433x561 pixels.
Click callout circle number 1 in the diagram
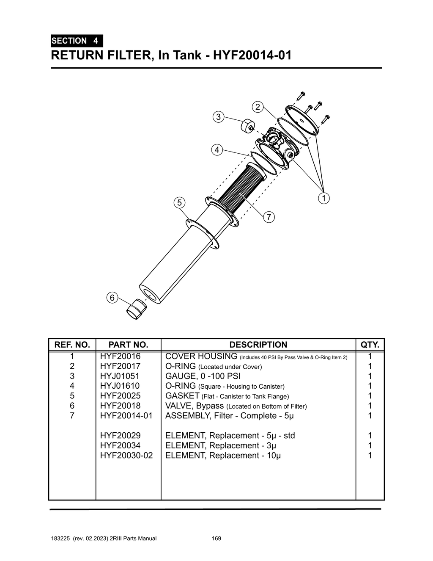pos(323,198)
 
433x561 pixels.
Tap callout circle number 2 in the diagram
pos(257,107)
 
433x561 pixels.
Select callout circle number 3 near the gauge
pos(218,117)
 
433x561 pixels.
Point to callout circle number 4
pos(216,150)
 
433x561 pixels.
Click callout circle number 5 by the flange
pos(179,202)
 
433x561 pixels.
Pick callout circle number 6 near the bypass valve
pos(112,298)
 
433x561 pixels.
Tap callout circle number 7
pos(269,217)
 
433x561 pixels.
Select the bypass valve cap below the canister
pos(136,309)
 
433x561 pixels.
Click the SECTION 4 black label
pos(76,41)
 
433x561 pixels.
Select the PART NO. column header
pos(128,345)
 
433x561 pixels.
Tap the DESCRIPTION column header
pos(258,345)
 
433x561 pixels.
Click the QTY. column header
pos(370,345)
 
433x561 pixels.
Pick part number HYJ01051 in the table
pos(120,376)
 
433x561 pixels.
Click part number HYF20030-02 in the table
pos(126,456)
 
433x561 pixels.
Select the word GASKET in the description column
pos(182,396)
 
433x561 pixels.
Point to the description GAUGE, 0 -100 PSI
pos(203,376)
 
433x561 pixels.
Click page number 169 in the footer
pos(216,539)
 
